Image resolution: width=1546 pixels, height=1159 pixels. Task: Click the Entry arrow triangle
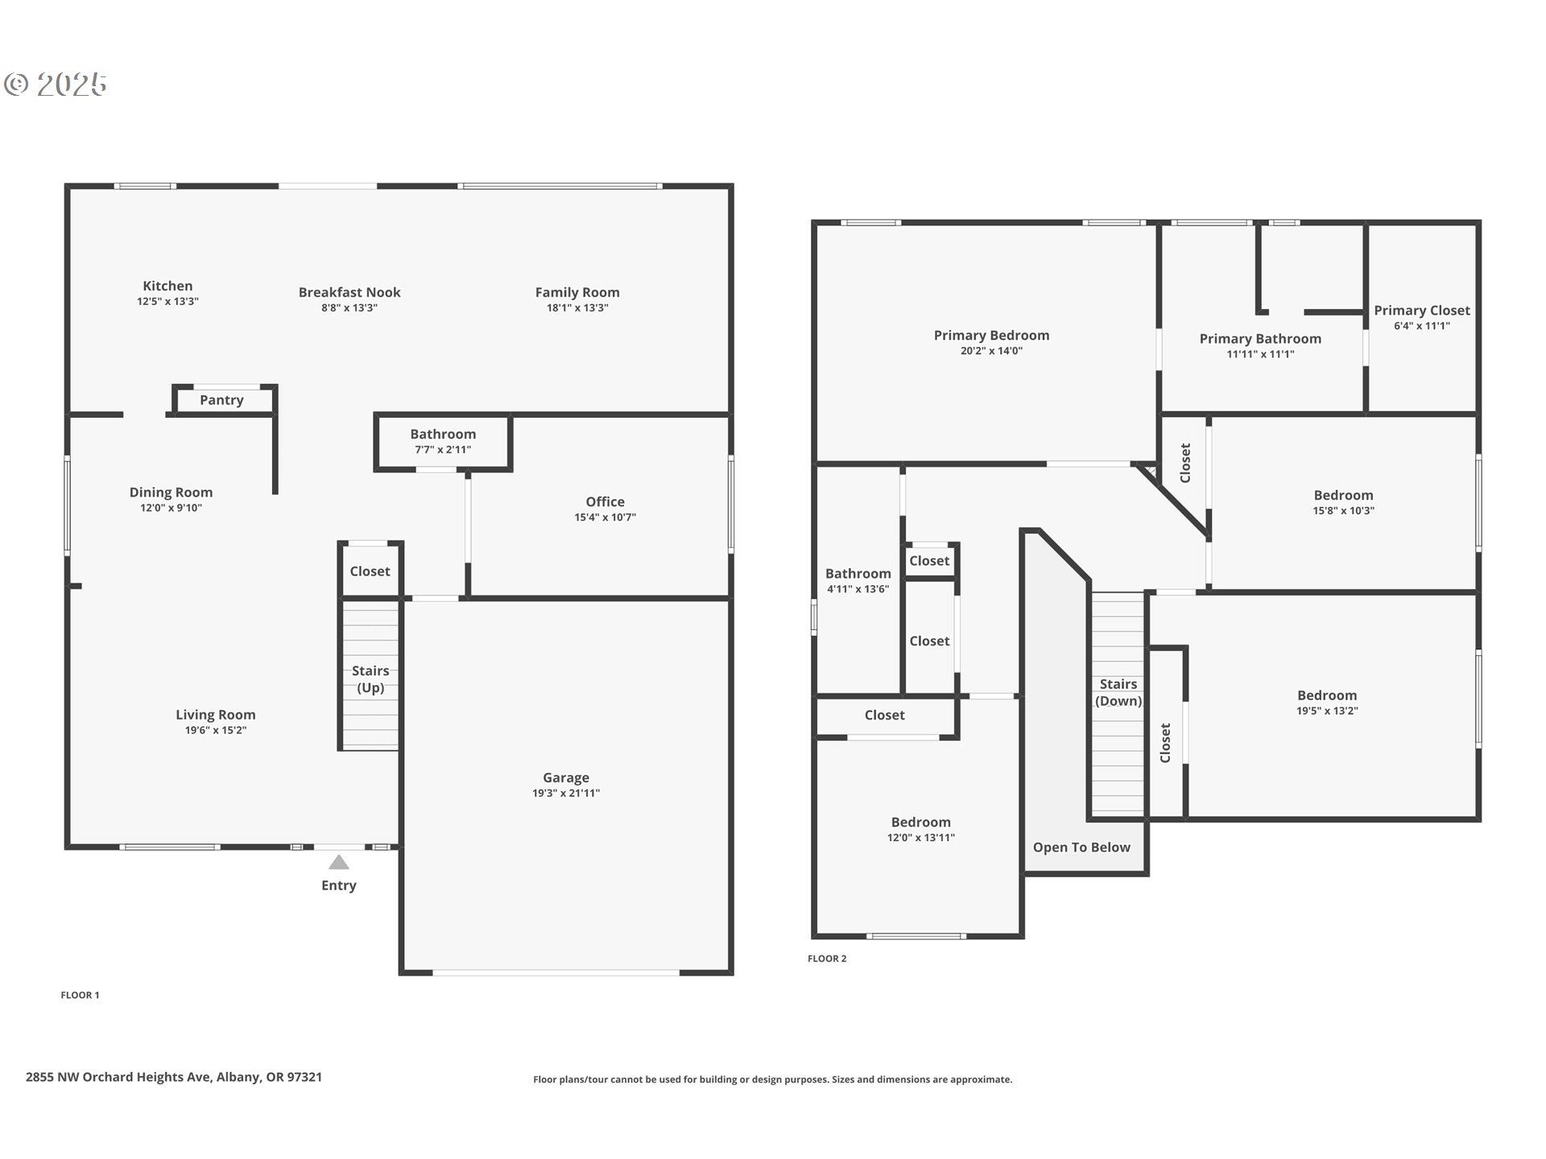tap(339, 863)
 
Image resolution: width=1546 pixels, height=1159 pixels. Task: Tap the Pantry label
tap(221, 400)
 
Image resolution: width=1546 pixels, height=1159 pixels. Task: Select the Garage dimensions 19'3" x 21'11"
tap(566, 793)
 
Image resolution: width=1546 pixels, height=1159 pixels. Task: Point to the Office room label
tap(605, 501)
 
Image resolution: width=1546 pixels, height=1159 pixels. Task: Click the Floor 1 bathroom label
tap(443, 434)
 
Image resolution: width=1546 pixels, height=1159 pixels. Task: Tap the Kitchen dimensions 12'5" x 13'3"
tap(167, 301)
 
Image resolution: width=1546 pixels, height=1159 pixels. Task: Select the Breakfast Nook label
tap(349, 292)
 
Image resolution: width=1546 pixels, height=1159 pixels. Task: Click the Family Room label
tap(577, 292)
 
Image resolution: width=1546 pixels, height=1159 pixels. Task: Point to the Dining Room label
tap(171, 492)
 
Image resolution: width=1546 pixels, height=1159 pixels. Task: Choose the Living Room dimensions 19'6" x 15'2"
tap(216, 730)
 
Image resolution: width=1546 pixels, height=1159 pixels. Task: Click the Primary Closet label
tap(1422, 310)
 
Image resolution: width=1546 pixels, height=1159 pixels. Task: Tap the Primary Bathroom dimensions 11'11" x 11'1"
tap(1260, 354)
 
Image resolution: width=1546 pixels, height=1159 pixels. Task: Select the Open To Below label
tap(1081, 848)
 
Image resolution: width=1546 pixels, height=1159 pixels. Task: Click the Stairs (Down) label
tap(1118, 692)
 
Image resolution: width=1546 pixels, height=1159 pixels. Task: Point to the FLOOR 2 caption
tap(827, 959)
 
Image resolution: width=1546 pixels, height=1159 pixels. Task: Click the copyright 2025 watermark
tap(56, 84)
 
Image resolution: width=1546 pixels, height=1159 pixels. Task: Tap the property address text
tap(174, 1077)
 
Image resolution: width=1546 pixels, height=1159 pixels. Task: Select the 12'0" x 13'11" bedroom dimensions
tap(921, 837)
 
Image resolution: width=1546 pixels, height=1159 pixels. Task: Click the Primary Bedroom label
tap(991, 335)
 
